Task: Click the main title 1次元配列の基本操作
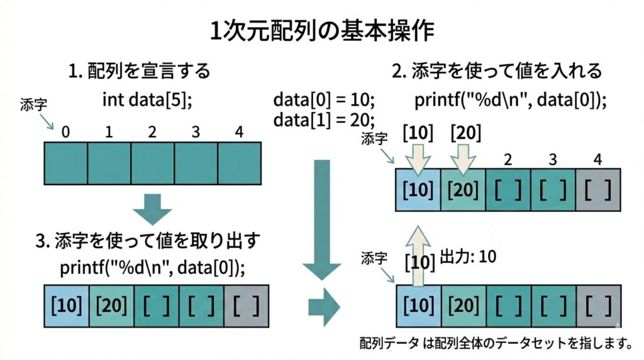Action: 321,30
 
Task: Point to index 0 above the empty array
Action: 65,133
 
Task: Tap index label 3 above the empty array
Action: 196,133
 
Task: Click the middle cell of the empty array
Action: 152,163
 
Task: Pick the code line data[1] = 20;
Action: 324,119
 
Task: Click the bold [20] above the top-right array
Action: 466,133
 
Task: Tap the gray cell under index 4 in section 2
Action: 597,189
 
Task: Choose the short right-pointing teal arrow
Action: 323,307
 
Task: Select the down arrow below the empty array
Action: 153,208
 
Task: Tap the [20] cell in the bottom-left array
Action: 111,306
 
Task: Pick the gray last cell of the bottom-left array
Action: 247,306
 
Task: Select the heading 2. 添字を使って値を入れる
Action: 497,70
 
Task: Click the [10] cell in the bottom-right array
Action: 418,306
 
